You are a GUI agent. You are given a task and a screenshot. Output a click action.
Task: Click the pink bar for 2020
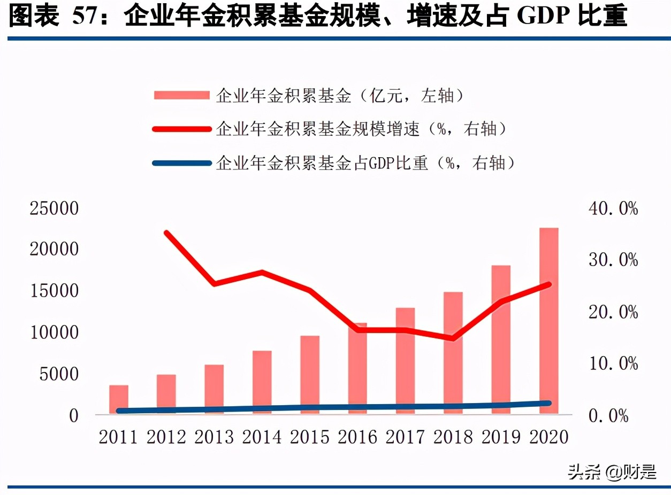548,321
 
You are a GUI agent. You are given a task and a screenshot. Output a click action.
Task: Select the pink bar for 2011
119,399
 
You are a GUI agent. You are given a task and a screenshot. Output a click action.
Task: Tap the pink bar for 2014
262,382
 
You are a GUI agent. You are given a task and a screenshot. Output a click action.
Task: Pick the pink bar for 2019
501,339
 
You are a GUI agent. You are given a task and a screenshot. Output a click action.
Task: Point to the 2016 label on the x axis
357,437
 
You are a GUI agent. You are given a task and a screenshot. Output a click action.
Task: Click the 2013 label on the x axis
214,437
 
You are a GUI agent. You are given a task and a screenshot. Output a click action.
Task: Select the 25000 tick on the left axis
55,208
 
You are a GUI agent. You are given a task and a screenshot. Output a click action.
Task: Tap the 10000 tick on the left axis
55,332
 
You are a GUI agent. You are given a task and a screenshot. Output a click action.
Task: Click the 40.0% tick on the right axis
613,208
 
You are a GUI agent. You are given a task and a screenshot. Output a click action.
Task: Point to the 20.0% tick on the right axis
613,312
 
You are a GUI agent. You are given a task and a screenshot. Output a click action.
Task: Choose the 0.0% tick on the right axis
608,415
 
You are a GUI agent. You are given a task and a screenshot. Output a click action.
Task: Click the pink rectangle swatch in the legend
181,96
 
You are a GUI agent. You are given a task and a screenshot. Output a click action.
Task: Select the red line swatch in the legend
181,129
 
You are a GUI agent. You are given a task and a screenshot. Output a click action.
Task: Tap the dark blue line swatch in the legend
181,163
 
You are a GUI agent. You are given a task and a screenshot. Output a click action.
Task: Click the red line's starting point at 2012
166,233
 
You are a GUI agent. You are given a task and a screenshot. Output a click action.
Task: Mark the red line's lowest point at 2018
453,338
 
